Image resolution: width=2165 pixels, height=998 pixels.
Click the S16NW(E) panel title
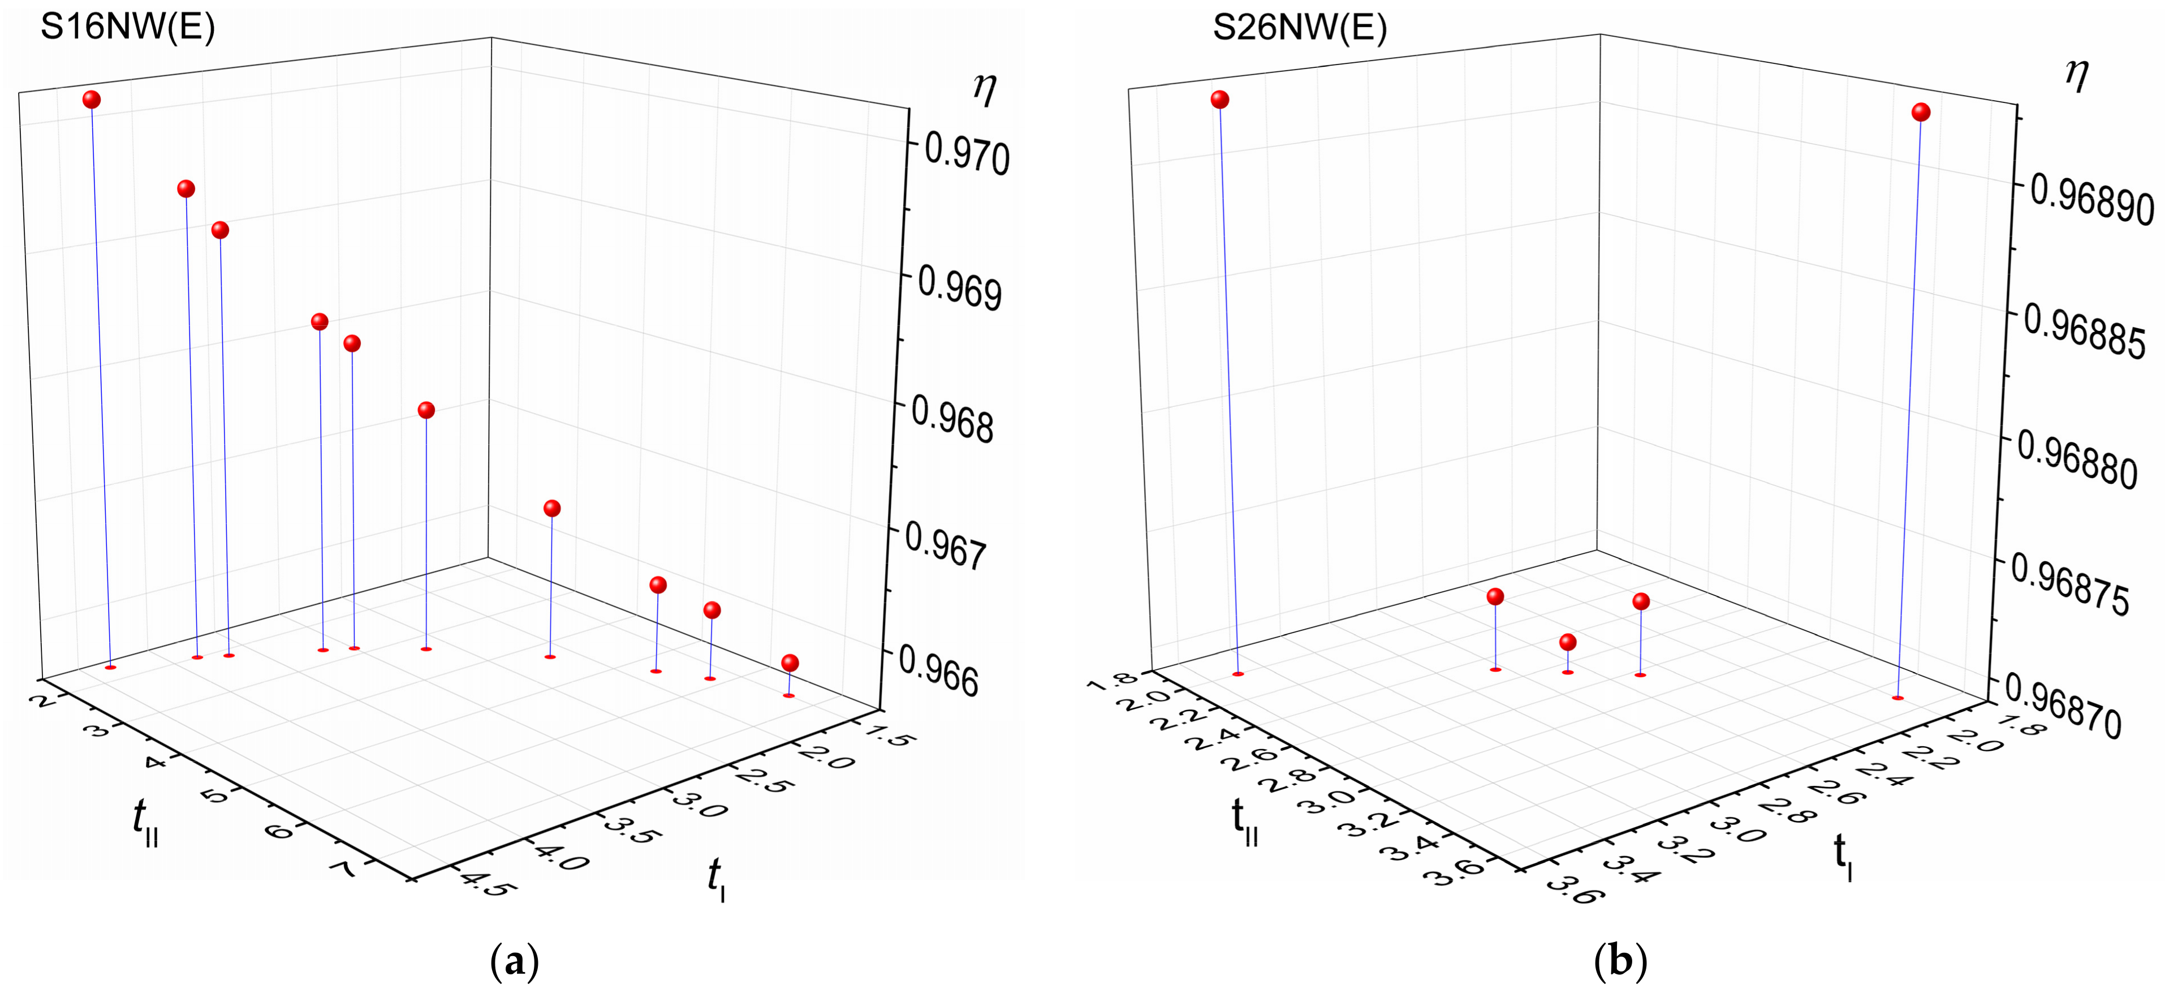(x=128, y=28)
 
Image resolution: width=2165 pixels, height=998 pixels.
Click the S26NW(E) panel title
(x=1299, y=28)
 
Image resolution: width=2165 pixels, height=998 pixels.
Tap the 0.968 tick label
(x=952, y=420)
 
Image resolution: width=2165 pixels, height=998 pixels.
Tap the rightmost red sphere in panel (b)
(x=1921, y=113)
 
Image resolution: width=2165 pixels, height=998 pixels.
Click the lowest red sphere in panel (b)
(x=1567, y=642)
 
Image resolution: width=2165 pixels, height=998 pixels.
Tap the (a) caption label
(x=514, y=961)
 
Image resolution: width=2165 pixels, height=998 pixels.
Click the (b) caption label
(x=1620, y=961)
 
